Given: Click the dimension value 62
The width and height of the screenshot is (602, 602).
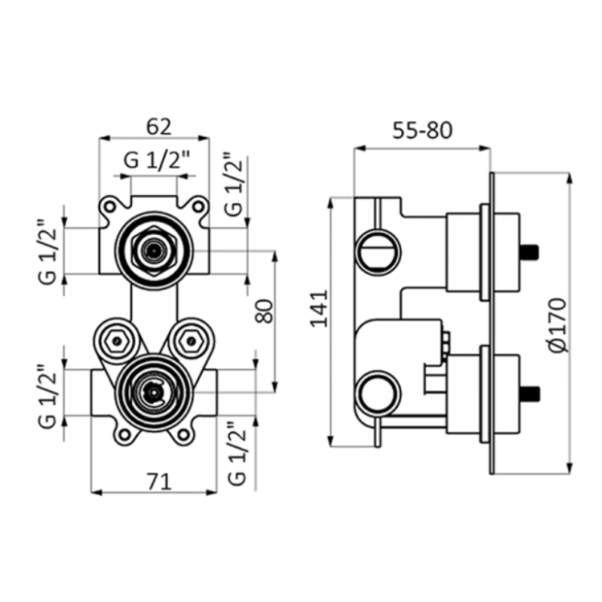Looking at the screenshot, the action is click(159, 126).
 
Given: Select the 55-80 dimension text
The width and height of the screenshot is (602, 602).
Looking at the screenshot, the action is click(422, 130).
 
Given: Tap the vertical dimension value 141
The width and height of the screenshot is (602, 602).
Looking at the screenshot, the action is click(319, 309).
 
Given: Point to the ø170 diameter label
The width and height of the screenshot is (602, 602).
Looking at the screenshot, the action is click(558, 324).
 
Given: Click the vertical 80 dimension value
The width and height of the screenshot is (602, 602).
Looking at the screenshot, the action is click(264, 311).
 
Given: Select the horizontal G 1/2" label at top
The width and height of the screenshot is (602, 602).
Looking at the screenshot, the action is click(156, 160).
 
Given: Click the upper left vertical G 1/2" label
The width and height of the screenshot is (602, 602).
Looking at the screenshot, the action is click(48, 252).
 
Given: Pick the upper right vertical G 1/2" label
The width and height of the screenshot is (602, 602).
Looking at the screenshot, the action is click(234, 184).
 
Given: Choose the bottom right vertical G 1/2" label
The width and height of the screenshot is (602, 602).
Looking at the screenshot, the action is click(236, 454).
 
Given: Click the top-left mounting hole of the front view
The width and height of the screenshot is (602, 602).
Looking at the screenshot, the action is click(110, 207).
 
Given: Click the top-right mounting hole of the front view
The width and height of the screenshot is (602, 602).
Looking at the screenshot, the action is click(198, 207).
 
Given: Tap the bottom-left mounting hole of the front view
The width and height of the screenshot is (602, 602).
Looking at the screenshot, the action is click(125, 435).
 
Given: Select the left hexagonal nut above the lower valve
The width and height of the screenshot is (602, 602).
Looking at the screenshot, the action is click(117, 340).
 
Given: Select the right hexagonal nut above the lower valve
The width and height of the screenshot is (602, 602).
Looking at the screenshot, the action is click(191, 340).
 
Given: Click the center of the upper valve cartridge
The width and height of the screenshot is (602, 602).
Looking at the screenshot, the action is click(154, 251).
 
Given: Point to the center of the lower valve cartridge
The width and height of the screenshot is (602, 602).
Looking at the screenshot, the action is click(154, 392).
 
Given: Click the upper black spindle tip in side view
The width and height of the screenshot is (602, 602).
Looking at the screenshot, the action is click(529, 252).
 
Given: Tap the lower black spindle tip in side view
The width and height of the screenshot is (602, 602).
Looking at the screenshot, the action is click(529, 394).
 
